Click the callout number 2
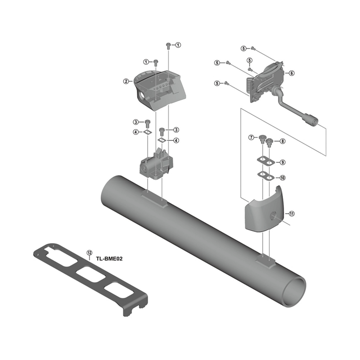click(126, 81)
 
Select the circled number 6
click(292, 73)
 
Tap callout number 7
click(252, 137)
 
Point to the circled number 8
click(283, 141)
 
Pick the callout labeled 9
click(283, 162)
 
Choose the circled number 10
click(283, 178)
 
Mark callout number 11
click(292, 214)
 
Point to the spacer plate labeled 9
click(263, 161)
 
